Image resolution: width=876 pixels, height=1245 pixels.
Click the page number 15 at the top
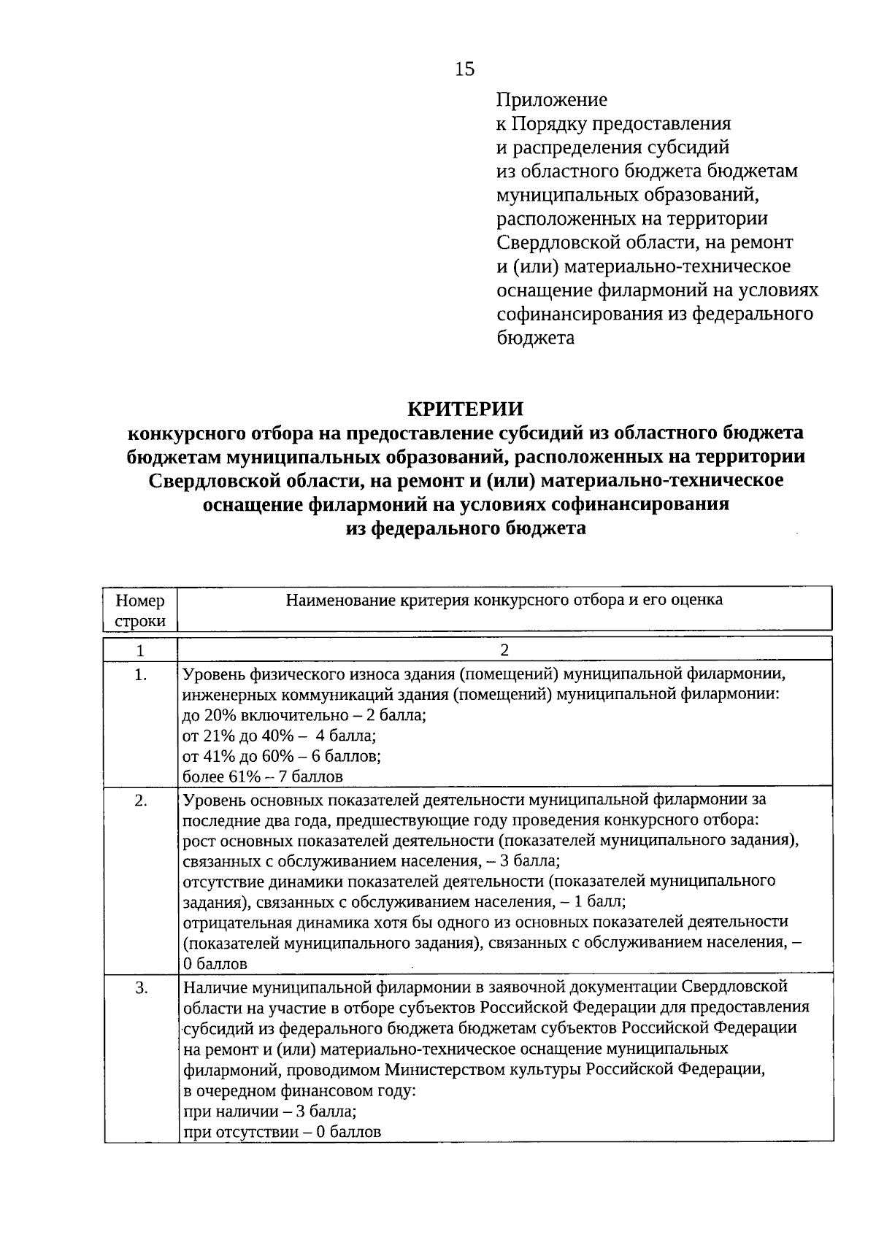(x=464, y=69)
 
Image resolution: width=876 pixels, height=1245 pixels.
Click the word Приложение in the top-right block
(x=551, y=99)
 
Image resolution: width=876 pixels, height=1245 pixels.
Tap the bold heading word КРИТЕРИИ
(x=465, y=408)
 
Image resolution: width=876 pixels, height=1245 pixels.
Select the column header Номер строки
(x=140, y=610)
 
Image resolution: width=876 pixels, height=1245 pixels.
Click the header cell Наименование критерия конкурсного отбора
(x=504, y=600)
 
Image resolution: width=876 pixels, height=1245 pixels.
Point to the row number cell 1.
(x=140, y=676)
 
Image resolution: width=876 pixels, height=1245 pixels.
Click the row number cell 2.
(x=140, y=801)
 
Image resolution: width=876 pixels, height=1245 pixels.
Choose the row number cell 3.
(x=140, y=988)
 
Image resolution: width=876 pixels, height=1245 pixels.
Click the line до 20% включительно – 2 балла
(x=304, y=715)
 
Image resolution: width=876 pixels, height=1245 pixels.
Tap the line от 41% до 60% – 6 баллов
(x=282, y=756)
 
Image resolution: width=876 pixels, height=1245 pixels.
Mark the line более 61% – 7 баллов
(x=263, y=776)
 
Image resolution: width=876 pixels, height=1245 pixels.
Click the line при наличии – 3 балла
(x=269, y=1112)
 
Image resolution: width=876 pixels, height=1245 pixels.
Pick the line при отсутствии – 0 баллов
(x=282, y=1133)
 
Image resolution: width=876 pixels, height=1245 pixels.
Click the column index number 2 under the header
(x=504, y=650)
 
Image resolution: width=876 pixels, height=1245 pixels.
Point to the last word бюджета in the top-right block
(x=535, y=339)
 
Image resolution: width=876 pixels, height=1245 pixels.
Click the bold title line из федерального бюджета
(x=465, y=528)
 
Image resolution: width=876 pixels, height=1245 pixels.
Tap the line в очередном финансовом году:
(x=299, y=1092)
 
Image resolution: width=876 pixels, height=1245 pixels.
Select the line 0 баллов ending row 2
(x=215, y=964)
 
